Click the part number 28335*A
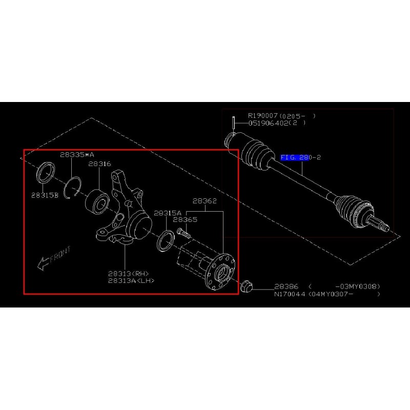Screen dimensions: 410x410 tap(77, 155)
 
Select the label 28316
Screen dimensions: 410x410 tap(99, 164)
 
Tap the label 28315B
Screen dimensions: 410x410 tap(45, 195)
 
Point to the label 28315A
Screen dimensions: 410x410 tap(168, 213)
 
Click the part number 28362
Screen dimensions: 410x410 tap(204, 201)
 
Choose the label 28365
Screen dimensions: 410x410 tap(185, 220)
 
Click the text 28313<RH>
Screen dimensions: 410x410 tap(129, 274)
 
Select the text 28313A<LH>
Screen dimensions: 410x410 tap(131, 280)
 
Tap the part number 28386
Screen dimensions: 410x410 tap(286, 286)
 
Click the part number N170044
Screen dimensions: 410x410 tap(290, 294)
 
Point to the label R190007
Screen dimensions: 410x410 tap(262, 116)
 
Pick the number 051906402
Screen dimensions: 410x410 tap(268, 123)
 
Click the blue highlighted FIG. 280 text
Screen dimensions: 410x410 tap(295, 157)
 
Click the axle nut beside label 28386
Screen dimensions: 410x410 tap(247, 286)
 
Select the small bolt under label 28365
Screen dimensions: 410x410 tap(184, 233)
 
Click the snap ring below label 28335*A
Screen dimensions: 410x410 tap(72, 188)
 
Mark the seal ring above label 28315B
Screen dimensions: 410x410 tap(45, 173)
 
